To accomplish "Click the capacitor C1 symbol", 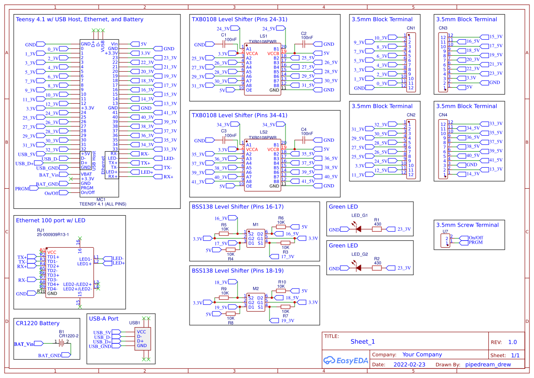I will (x=224, y=44).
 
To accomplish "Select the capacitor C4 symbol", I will (x=304, y=140).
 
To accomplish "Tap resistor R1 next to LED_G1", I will (x=377, y=229).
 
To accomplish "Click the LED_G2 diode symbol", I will (x=358, y=268).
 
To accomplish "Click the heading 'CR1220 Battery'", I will (x=38, y=323).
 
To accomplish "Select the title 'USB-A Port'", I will (x=104, y=319).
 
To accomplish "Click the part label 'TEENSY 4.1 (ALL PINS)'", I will (x=102, y=204).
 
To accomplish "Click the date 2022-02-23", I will (x=409, y=365).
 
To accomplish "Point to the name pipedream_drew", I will (x=487, y=365).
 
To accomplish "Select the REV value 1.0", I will (x=512, y=342).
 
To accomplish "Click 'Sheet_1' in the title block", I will (x=363, y=341).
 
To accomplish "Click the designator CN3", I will (x=443, y=28).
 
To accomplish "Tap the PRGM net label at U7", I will (x=476, y=242).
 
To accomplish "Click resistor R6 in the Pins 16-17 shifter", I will (x=281, y=227).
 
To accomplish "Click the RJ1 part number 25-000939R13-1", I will (x=53, y=234).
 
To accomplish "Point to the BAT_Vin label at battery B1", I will (x=24, y=344).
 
